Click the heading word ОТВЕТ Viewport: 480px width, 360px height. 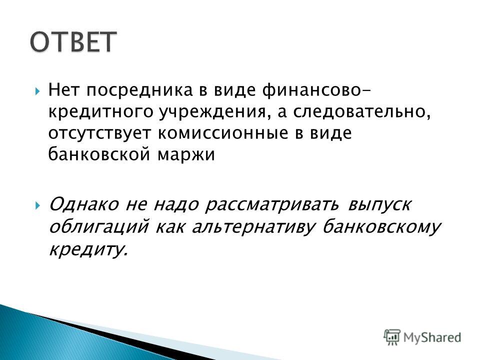click(x=73, y=41)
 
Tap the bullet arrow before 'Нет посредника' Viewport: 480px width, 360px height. click(x=37, y=91)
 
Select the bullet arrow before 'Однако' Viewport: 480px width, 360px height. click(x=37, y=205)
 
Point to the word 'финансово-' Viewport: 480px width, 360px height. click(x=316, y=90)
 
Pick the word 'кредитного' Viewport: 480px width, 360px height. click(x=100, y=112)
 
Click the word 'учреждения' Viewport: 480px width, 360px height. click(x=213, y=112)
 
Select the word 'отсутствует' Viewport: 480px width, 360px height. click(x=100, y=134)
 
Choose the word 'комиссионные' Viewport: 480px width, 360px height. click(x=223, y=133)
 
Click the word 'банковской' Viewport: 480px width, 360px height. click(x=99, y=154)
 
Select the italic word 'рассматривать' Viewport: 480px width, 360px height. click(x=272, y=204)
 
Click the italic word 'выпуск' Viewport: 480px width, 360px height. click(x=379, y=205)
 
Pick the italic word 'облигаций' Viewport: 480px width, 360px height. click(x=98, y=227)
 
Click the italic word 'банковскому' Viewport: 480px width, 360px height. click(x=381, y=228)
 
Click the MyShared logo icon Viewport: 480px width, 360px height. click(x=392, y=337)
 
